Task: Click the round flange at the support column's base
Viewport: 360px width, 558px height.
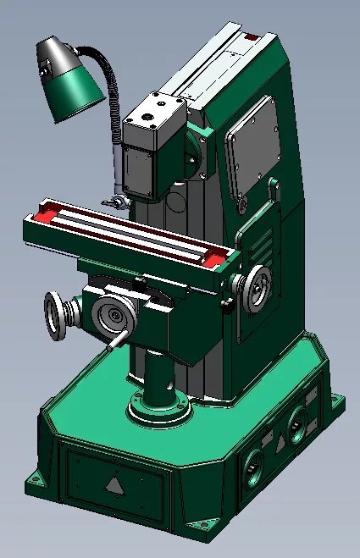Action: [x=159, y=412]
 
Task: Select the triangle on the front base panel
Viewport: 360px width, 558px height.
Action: [x=114, y=485]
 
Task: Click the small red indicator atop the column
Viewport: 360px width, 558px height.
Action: [x=252, y=36]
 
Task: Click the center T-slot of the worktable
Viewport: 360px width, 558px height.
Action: [x=127, y=233]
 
